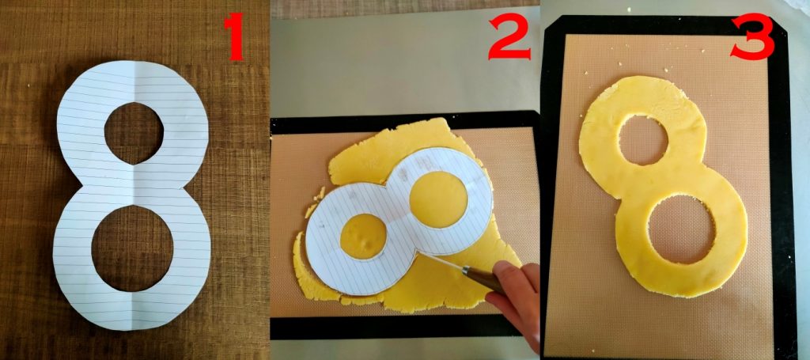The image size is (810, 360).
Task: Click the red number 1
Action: [234, 37]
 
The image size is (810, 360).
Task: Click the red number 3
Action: [753, 36]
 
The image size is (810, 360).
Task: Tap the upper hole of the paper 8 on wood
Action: [134, 133]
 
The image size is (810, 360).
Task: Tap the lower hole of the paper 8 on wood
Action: [133, 248]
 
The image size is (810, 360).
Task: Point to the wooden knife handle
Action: [483, 279]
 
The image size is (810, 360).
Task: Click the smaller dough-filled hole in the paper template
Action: [363, 236]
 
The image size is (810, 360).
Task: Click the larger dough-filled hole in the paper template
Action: [438, 199]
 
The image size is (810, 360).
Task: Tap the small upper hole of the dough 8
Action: [643, 140]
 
